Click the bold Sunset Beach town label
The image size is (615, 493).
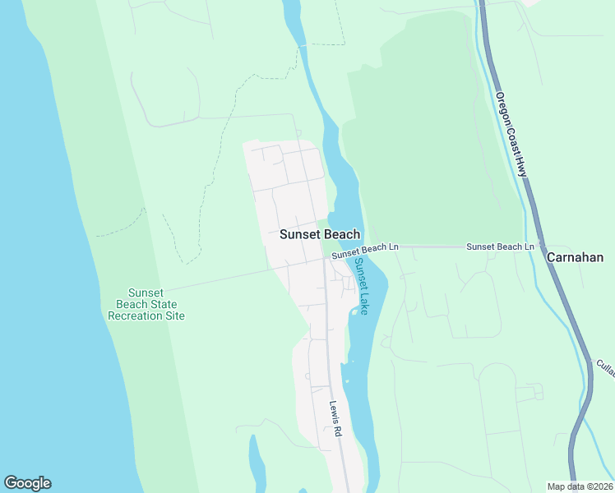[319, 234]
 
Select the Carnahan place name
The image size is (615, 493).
[575, 257]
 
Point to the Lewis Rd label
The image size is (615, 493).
[335, 424]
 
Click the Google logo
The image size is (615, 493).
[27, 483]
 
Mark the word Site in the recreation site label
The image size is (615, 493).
[174, 316]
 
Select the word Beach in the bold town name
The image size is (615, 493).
[340, 234]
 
